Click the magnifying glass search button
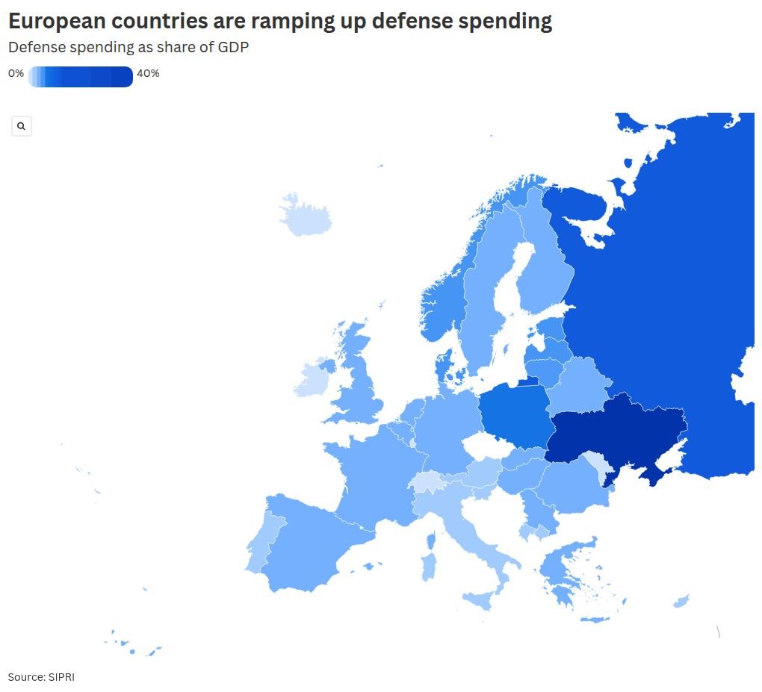[x=22, y=126]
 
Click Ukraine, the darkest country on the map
[x=617, y=434]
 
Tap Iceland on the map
[x=306, y=216]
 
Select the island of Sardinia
[x=429, y=567]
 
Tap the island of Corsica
[x=431, y=540]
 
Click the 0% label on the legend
[x=16, y=73]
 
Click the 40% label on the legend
[x=148, y=73]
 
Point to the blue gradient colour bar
[x=81, y=77]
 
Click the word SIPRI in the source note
[x=61, y=677]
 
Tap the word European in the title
[x=58, y=22]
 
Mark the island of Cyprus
[x=681, y=601]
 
